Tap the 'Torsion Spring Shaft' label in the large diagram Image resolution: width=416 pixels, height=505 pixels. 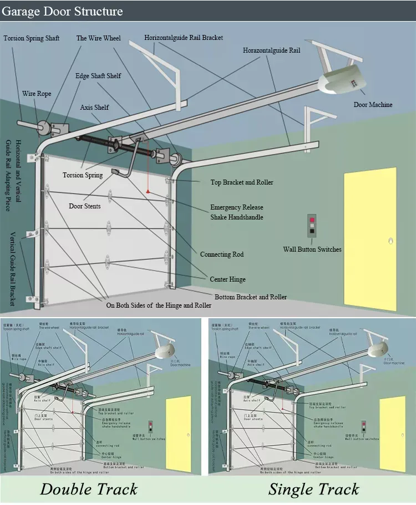point(32,38)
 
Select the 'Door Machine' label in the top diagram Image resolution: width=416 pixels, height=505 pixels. point(373,105)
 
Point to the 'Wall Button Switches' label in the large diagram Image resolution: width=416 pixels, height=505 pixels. point(312,249)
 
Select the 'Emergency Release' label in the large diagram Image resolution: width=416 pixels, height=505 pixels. point(236,207)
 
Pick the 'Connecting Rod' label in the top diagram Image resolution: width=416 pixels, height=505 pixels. point(222,254)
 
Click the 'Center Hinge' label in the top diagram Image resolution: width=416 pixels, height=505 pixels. point(227,279)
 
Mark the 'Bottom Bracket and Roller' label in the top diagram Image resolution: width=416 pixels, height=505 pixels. point(251,297)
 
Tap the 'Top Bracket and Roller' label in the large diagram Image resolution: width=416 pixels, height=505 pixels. point(242,182)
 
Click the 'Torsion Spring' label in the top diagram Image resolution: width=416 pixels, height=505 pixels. point(83,175)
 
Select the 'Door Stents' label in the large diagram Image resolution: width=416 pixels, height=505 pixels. point(85,206)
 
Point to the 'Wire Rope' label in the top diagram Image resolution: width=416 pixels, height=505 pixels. point(37,94)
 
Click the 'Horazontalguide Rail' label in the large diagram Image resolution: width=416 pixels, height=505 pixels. point(271,50)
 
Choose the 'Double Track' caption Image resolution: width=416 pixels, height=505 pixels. point(89,489)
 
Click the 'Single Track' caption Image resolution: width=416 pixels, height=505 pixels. point(313,489)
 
